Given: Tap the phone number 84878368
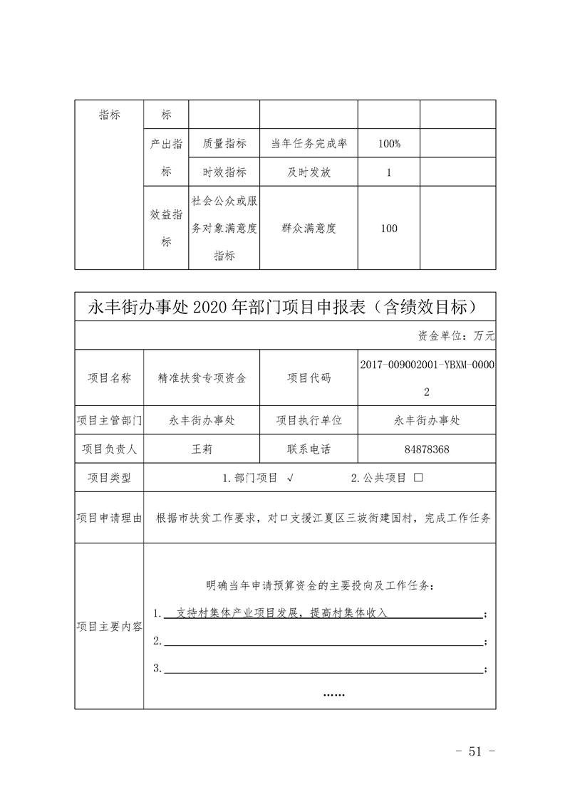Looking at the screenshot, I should (x=427, y=449).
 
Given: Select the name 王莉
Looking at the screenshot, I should (x=202, y=449).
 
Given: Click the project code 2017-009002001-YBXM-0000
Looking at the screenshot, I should (x=427, y=364).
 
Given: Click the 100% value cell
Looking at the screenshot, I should (x=389, y=144).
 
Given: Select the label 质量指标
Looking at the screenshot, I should (x=224, y=144).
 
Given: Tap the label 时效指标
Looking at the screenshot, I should (x=224, y=172).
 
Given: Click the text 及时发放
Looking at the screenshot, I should (x=309, y=172).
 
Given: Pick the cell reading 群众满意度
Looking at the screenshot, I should (x=309, y=229).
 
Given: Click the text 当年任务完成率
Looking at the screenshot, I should (x=309, y=144).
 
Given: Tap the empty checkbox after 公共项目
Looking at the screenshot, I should (x=418, y=478).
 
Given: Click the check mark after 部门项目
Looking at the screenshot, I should (x=291, y=478).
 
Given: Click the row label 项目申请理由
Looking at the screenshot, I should (x=110, y=518).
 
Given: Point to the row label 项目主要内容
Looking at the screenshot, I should (x=110, y=627).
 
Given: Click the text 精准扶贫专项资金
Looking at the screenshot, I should (x=202, y=378).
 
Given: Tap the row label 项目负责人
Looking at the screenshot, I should (x=110, y=449).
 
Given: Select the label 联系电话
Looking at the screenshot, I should (x=309, y=449).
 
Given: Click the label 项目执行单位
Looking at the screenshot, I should (x=309, y=420).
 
